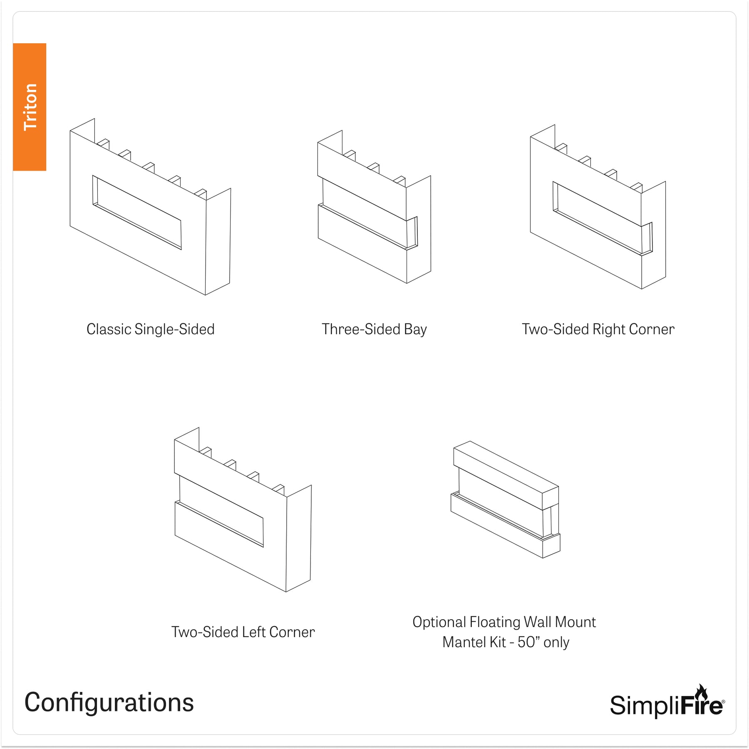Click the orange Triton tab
(30, 107)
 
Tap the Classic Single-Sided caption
(150, 329)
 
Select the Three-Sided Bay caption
(374, 329)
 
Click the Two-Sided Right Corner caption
(598, 329)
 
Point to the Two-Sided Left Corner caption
(243, 632)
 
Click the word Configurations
(109, 703)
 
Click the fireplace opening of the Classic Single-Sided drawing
(137, 212)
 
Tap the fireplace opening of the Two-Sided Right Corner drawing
(603, 218)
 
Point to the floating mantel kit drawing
(506, 499)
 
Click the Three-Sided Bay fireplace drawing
(374, 207)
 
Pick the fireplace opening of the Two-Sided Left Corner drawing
(221, 511)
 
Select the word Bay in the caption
(415, 330)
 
